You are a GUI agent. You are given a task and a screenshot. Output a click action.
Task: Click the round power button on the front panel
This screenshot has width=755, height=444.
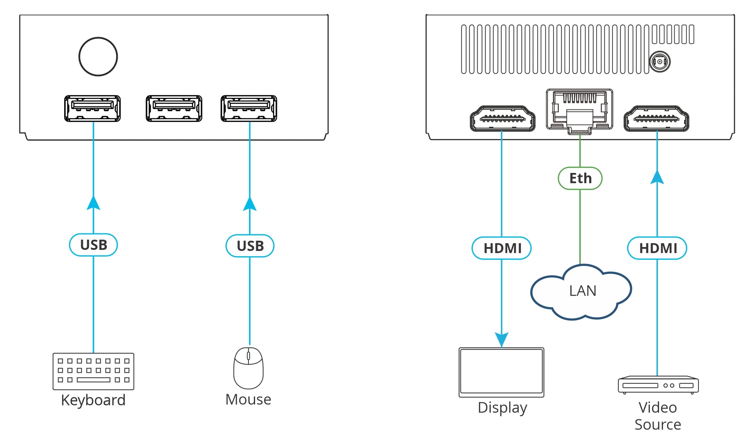click(98, 56)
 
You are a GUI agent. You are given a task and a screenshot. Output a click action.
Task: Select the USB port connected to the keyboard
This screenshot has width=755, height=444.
click(92, 108)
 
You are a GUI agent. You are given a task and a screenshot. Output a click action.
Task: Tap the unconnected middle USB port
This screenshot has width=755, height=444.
click(174, 108)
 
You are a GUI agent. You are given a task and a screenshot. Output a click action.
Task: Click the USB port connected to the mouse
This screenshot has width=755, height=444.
click(249, 108)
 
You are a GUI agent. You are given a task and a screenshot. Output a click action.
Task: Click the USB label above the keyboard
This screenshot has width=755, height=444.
click(93, 245)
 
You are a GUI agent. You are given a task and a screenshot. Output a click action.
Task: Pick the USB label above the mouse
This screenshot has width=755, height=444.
click(250, 246)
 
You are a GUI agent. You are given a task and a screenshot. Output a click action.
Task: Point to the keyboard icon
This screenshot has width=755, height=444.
click(93, 371)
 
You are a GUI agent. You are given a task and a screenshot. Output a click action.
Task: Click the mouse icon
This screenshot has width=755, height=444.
click(248, 368)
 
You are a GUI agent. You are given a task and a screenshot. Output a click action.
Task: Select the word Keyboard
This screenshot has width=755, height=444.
click(93, 400)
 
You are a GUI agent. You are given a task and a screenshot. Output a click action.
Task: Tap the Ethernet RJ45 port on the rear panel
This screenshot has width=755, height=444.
click(579, 109)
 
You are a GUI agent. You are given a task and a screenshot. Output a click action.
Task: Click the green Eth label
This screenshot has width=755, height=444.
click(580, 178)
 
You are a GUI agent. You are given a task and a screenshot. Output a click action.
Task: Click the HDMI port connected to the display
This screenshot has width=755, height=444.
click(502, 119)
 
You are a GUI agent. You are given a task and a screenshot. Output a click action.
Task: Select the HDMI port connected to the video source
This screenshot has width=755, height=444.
click(656, 119)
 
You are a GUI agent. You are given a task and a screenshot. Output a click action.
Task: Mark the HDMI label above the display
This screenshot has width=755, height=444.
click(502, 248)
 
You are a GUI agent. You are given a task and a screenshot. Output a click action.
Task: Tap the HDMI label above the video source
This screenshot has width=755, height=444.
click(657, 248)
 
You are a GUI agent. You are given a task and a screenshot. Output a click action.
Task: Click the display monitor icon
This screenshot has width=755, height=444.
click(501, 372)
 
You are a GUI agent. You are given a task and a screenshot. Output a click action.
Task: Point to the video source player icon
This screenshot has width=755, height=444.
click(658, 385)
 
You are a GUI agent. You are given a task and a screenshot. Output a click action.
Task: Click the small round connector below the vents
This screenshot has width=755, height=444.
click(659, 62)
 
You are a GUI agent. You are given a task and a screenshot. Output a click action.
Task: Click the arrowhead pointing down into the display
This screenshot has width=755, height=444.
click(501, 339)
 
